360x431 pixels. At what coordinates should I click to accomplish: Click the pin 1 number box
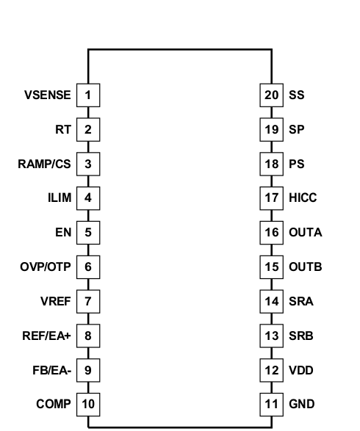point(88,95)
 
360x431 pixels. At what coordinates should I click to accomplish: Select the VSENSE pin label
point(48,95)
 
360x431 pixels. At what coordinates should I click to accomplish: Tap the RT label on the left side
point(63,129)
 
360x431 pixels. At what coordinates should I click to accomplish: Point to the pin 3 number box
point(88,164)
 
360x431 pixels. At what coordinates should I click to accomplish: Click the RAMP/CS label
point(44,164)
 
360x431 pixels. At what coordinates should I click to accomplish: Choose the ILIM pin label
point(58,198)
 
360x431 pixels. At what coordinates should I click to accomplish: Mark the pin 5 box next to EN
point(88,232)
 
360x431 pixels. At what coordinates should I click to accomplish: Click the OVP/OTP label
point(46,267)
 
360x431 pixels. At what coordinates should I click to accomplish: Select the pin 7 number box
point(88,301)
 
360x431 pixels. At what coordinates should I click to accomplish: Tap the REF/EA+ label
point(46,336)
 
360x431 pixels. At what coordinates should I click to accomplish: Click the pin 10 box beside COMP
point(88,404)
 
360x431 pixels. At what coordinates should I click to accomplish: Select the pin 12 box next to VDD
point(272,370)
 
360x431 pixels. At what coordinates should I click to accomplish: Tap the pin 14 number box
point(272,301)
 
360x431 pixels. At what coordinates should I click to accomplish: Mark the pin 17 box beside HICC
point(272,198)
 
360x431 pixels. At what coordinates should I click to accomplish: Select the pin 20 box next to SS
point(272,95)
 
